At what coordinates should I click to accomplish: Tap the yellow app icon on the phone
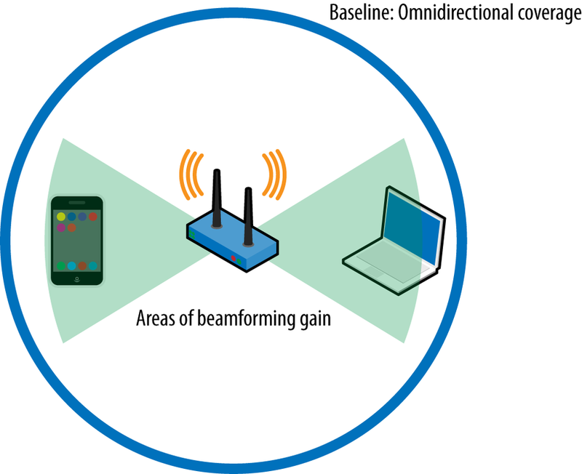pyautogui.click(x=61, y=217)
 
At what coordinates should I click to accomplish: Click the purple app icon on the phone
pyautogui.click(x=61, y=228)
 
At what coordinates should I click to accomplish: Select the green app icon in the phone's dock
pyautogui.click(x=61, y=266)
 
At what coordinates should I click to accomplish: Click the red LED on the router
pyautogui.click(x=234, y=259)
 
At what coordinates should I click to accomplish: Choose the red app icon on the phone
pyautogui.click(x=93, y=217)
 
